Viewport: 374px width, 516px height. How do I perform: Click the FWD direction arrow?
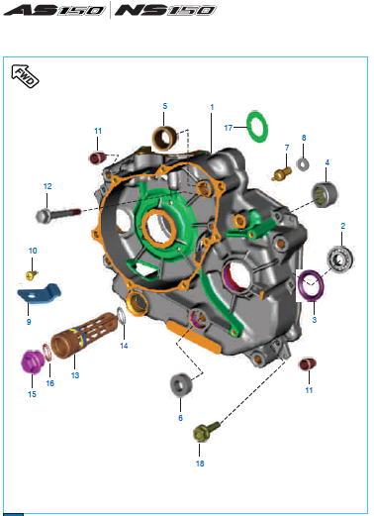pos(25,76)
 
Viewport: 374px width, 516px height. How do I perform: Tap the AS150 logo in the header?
pos(54,10)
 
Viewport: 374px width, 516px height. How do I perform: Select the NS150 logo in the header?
pos(165,10)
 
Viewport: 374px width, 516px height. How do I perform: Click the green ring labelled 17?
pos(257,127)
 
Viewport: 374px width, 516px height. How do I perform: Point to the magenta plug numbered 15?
pos(33,361)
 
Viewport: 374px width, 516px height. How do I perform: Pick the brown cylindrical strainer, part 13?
pos(84,336)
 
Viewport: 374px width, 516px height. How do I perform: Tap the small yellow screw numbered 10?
pos(32,275)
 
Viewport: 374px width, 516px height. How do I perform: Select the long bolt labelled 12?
pos(58,215)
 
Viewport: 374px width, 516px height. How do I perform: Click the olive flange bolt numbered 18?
pos(206,431)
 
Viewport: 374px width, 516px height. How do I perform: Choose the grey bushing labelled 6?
pos(181,384)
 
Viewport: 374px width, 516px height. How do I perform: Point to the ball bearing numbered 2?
pos(340,259)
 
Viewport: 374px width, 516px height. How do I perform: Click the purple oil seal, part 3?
pos(310,286)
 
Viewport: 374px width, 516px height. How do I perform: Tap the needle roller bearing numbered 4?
pos(326,194)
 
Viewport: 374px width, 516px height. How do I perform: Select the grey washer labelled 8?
pos(303,164)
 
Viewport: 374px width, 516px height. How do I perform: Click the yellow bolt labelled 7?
pos(282,173)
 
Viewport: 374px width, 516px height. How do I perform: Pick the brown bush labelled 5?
pos(165,138)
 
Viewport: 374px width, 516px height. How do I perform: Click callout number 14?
pos(124,346)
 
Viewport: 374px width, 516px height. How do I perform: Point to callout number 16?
pos(50,383)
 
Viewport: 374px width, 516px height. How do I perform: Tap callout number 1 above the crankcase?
pos(212,107)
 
